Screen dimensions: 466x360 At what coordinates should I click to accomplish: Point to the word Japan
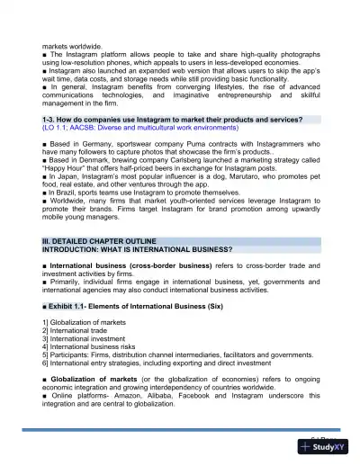[x=66, y=179]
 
